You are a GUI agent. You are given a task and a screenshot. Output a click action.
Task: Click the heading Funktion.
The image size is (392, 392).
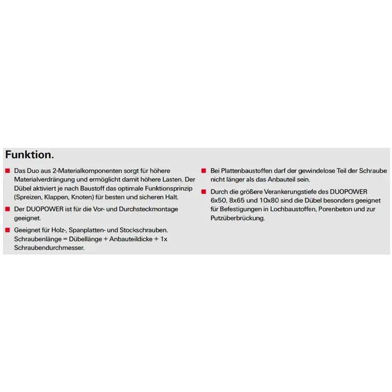(30, 154)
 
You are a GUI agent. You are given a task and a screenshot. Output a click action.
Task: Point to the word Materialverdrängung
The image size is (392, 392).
(44, 179)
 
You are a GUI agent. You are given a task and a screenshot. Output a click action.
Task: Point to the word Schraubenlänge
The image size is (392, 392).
(38, 239)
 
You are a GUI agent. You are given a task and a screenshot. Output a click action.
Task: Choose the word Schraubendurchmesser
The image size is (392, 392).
(49, 249)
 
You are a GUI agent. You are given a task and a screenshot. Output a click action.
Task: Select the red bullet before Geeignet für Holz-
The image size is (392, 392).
(7, 230)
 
